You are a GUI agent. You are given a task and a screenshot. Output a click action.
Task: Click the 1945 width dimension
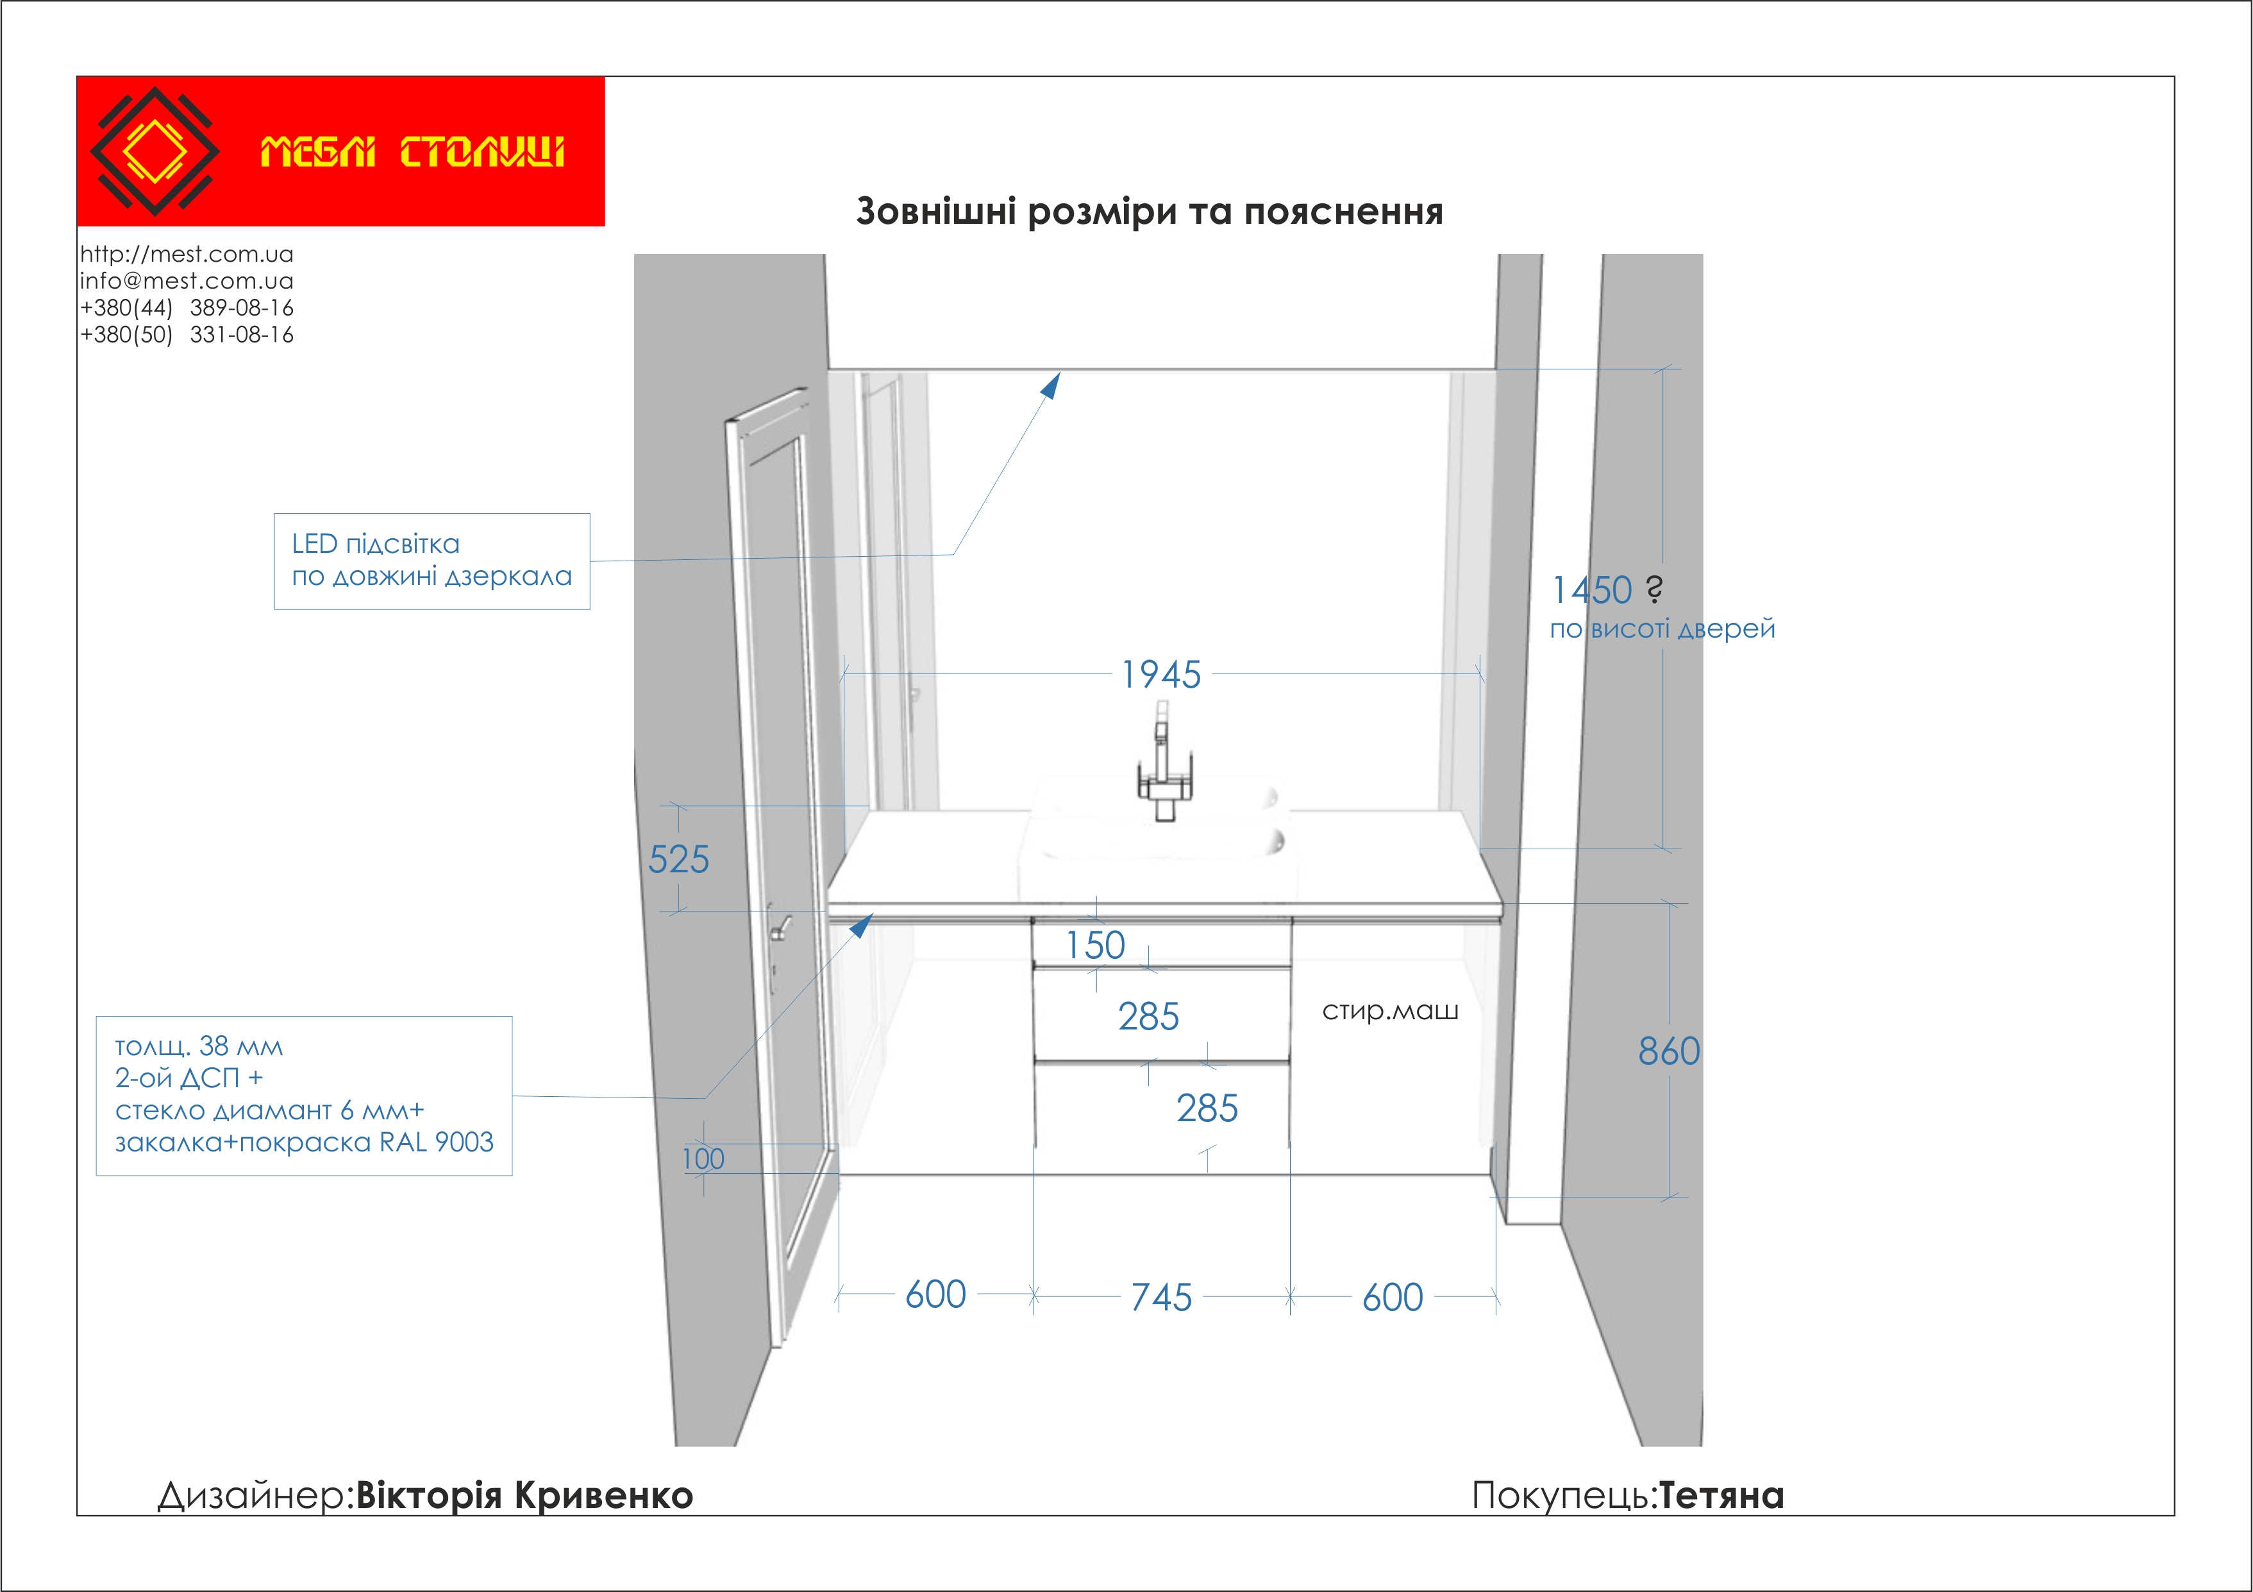[1161, 675]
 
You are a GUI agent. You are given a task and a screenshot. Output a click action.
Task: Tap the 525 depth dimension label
[678, 860]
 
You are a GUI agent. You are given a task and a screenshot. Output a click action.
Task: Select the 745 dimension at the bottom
[1161, 1298]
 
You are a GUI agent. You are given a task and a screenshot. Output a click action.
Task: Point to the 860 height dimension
[1668, 1051]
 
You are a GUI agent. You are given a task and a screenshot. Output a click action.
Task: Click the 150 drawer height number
[1095, 945]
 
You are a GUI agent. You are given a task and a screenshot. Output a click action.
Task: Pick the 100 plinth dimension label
[703, 1159]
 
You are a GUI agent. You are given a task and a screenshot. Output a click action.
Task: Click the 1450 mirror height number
[1591, 591]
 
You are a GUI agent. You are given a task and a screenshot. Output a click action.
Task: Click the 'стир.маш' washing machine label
[1389, 1011]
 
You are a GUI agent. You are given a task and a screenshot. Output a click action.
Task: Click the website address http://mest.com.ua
[187, 254]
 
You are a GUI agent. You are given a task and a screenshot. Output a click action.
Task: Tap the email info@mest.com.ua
[187, 281]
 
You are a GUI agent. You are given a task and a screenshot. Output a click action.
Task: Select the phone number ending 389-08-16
[187, 308]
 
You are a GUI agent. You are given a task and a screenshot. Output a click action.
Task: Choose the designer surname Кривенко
[603, 1496]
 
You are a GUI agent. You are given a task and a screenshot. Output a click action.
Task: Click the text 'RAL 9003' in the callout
[437, 1142]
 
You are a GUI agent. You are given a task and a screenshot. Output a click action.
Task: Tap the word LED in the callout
[314, 544]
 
